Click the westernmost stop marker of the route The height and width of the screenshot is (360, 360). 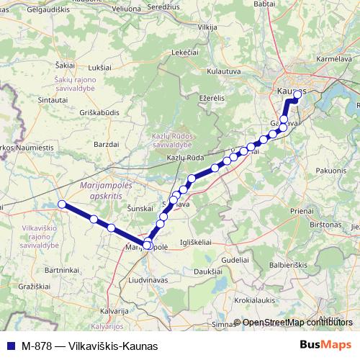62,204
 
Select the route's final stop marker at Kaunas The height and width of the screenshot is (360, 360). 297,94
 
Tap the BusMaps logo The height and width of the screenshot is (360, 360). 325,345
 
